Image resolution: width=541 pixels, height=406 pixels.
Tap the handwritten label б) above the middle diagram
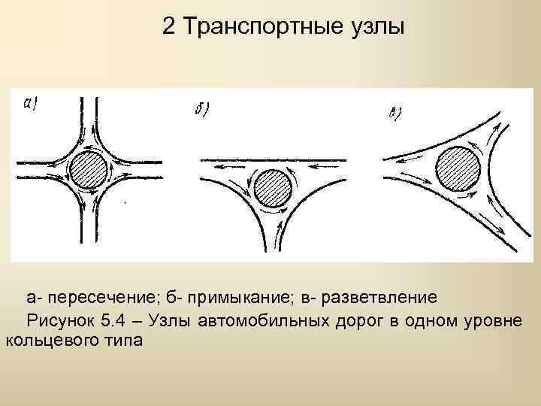(201, 110)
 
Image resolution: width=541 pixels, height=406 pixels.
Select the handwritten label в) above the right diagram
(395, 114)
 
